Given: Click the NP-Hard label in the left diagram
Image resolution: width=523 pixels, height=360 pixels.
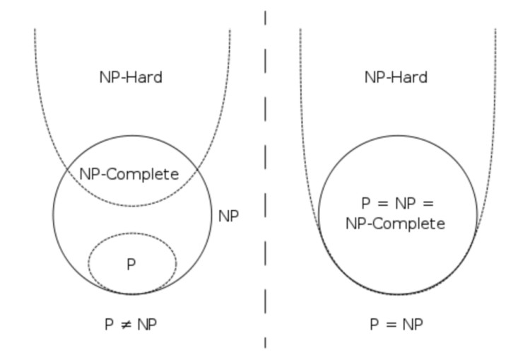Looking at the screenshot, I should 131,77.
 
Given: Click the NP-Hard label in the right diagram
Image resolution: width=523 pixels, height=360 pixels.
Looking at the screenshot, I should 396,77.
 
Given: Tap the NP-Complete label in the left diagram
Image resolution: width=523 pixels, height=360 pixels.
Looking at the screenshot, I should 129,174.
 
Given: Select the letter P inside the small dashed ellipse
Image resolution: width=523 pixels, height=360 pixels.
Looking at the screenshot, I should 131,264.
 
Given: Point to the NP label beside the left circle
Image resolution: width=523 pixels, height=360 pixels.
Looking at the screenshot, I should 228,216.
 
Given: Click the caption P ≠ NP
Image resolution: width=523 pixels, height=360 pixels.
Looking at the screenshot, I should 131,325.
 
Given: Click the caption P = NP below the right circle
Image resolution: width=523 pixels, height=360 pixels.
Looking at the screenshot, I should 396,325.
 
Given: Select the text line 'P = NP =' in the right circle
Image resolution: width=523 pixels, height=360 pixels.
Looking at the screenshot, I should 396,204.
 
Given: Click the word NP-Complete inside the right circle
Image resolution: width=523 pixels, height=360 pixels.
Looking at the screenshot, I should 396,224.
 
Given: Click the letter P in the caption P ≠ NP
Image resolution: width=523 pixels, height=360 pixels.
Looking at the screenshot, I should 108,325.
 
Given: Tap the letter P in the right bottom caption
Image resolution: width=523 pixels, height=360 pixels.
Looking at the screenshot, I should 374,325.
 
